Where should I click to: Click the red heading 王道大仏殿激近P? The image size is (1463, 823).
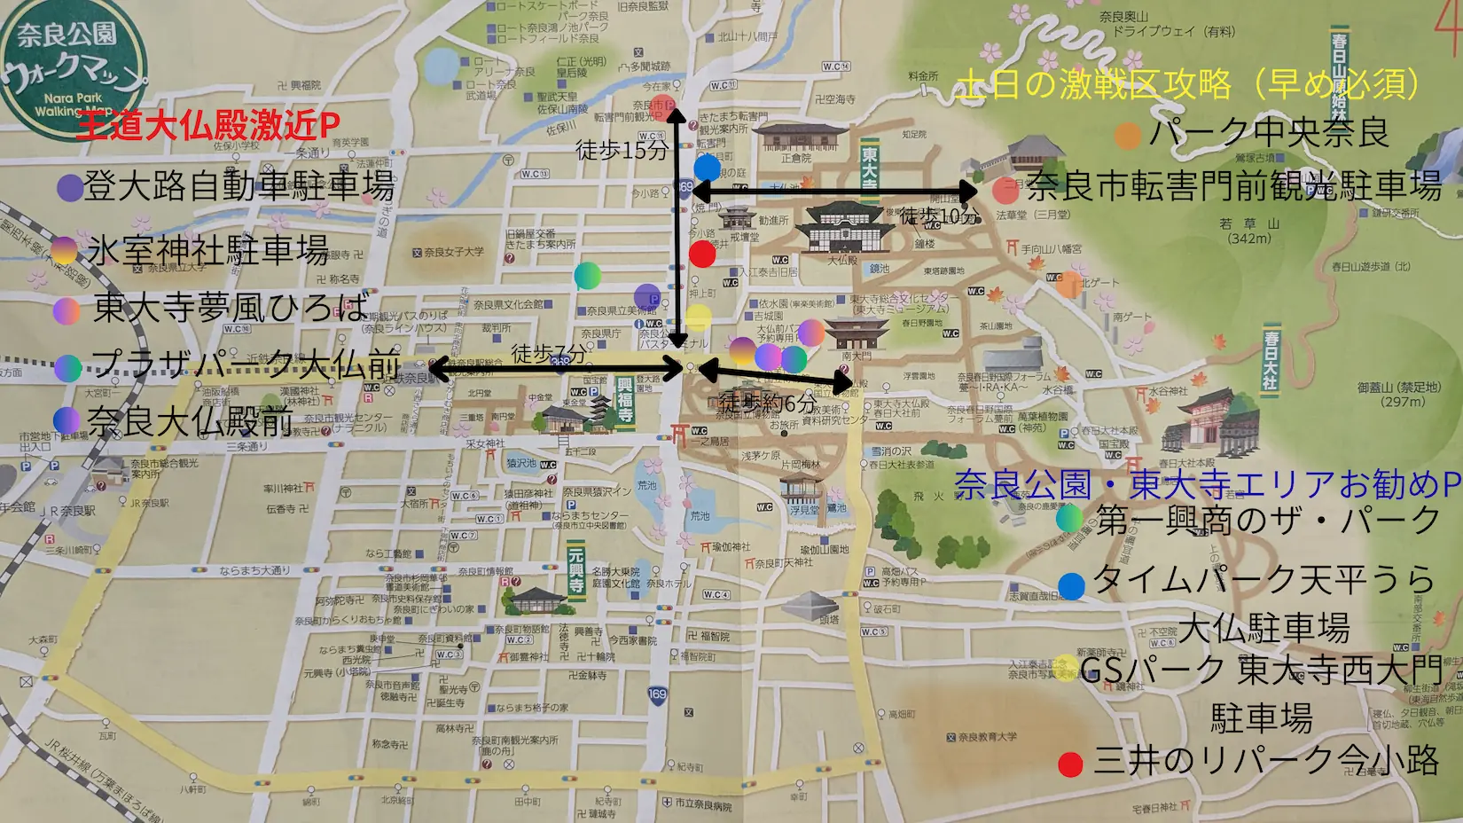point(208,127)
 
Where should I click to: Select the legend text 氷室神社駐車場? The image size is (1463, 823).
point(208,251)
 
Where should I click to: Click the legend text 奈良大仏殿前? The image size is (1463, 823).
point(191,421)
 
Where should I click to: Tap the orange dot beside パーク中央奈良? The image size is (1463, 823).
point(1128,135)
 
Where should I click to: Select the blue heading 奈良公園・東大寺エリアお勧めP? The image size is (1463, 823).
point(1207,484)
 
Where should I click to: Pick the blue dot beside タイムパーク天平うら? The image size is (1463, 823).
point(1072,585)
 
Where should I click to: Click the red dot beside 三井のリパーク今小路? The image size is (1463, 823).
point(1071,764)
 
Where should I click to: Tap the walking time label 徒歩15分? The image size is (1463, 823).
point(621,151)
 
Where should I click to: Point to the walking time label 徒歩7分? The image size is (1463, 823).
point(549,355)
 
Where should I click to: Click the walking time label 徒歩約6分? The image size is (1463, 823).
point(767,403)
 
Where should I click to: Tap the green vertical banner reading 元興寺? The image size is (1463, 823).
point(576,569)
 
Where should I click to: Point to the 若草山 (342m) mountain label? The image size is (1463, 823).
point(1249,231)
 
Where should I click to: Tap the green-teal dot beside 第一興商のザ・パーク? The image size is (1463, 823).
point(1070,519)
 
